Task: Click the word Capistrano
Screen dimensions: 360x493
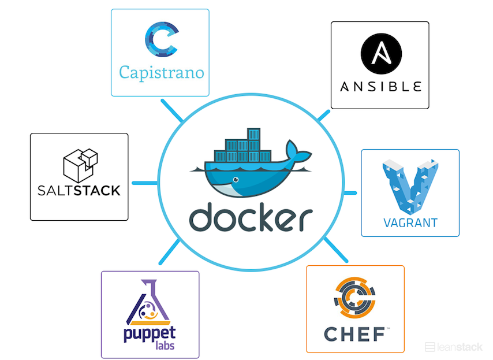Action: [161, 72]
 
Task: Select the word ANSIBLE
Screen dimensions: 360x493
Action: [380, 87]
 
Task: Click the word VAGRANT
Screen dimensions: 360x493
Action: [410, 222]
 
